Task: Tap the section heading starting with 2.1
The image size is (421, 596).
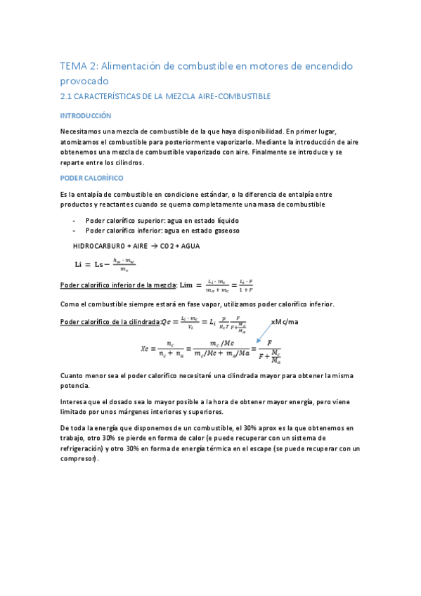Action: [x=166, y=96]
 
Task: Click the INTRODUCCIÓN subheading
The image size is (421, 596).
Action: [x=86, y=115]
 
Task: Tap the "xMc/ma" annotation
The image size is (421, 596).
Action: [x=285, y=322]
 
